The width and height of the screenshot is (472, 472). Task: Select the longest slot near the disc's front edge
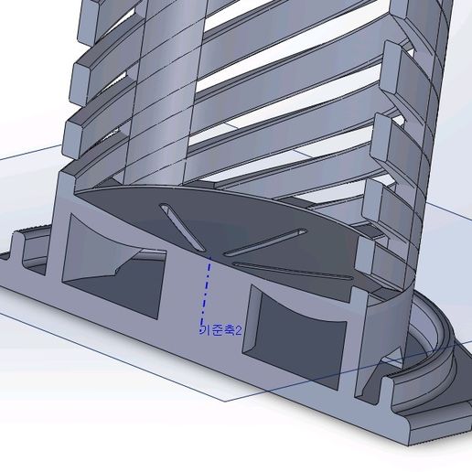(x=293, y=272)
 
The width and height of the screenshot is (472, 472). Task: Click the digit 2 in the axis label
(x=239, y=329)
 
